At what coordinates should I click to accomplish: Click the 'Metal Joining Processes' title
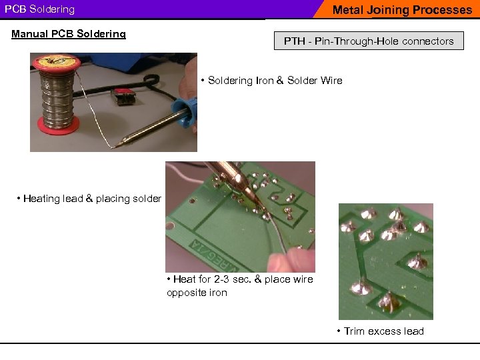pyautogui.click(x=401, y=10)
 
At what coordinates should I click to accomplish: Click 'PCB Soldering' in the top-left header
pyautogui.click(x=40, y=10)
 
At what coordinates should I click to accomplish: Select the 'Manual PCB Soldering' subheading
pyautogui.click(x=69, y=34)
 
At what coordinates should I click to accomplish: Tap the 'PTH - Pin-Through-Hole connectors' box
pyautogui.click(x=369, y=41)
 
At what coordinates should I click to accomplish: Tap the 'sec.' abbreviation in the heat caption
pyautogui.click(x=239, y=279)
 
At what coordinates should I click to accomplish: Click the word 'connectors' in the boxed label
pyautogui.click(x=428, y=41)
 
